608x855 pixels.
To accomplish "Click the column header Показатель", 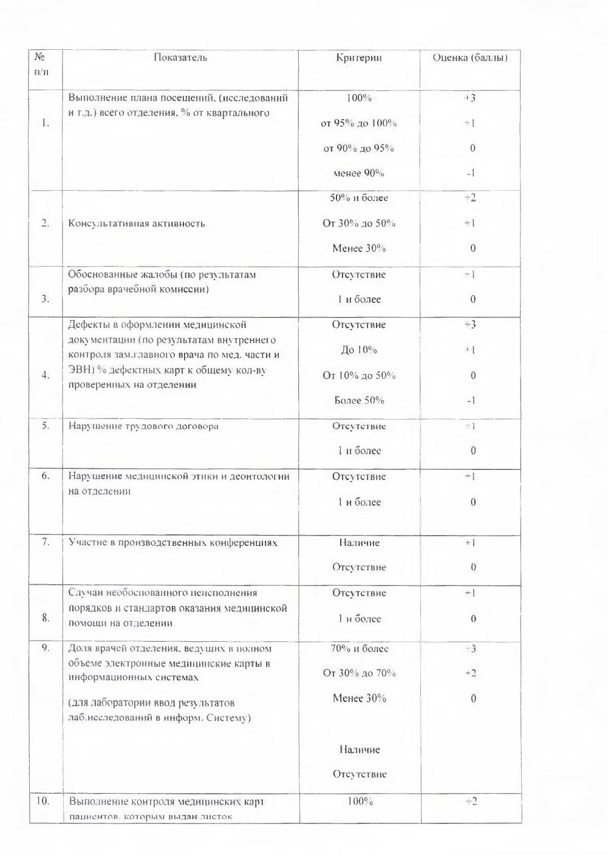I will (180, 58).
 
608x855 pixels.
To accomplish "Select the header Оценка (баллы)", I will (470, 58).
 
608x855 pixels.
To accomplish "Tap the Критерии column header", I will (359, 58).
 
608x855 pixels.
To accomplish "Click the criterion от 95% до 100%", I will (359, 123).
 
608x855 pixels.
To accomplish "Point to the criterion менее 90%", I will (359, 174).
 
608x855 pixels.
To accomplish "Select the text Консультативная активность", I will (137, 223).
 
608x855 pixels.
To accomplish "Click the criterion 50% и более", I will (359, 198).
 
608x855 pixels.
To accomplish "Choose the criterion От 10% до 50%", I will (359, 375).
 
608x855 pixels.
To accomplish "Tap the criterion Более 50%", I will (359, 400).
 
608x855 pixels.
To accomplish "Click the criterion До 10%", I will (359, 350).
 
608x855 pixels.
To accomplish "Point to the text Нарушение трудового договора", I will (143, 426).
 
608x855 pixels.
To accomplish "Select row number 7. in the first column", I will (46, 542).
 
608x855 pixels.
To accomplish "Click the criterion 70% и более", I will (359, 649).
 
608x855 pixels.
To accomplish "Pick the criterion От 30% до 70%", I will (359, 673).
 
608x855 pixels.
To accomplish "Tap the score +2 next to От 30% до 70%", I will (470, 673).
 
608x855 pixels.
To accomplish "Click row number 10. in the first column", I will (43, 801).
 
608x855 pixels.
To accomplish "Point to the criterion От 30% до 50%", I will (359, 223).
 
